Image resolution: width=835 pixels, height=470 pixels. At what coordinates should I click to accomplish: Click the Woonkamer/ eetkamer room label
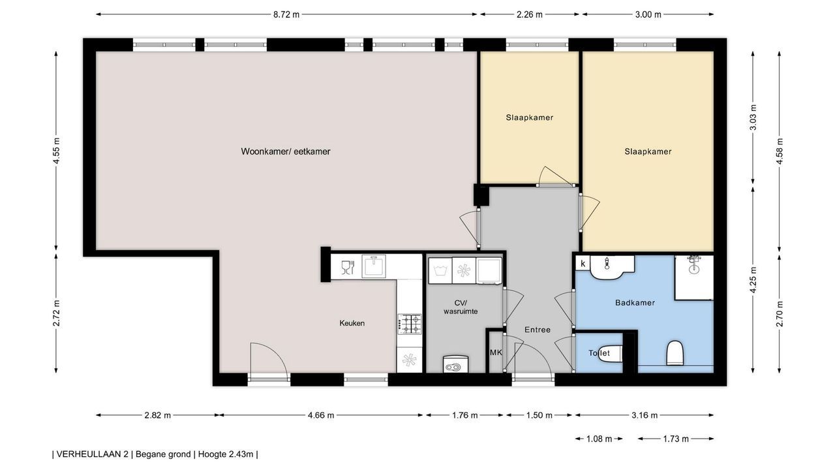click(286, 151)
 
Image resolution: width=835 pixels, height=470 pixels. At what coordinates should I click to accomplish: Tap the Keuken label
click(352, 323)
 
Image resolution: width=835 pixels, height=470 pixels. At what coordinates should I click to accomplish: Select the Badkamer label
click(635, 302)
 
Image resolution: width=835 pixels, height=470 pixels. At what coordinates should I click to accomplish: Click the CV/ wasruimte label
click(461, 307)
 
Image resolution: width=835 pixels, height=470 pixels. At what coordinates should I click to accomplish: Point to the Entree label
click(538, 330)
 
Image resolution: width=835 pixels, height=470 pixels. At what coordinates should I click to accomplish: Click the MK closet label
click(496, 352)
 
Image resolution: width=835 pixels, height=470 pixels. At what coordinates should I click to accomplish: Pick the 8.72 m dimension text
click(286, 14)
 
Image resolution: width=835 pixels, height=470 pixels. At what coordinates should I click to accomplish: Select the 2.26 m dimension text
click(529, 14)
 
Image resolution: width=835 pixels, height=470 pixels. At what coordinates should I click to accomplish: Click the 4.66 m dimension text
click(321, 415)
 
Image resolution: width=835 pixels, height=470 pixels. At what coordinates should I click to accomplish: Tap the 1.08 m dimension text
click(599, 439)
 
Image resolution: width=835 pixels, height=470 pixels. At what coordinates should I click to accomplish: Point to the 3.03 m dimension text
click(753, 117)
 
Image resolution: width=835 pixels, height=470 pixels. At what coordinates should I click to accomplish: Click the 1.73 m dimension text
click(675, 439)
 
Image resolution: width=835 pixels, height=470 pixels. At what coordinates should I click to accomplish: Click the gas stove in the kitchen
click(409, 324)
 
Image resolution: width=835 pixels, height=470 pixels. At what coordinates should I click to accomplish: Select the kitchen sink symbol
click(374, 266)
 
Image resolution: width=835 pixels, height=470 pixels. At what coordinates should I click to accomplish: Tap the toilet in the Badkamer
click(675, 352)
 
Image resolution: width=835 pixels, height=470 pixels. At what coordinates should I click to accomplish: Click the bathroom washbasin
click(607, 268)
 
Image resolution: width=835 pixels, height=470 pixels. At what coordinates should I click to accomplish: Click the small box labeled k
click(583, 264)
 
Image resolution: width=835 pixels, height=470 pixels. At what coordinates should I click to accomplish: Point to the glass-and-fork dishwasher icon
click(348, 267)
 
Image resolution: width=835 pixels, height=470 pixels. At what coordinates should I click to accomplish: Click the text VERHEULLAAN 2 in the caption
click(93, 454)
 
